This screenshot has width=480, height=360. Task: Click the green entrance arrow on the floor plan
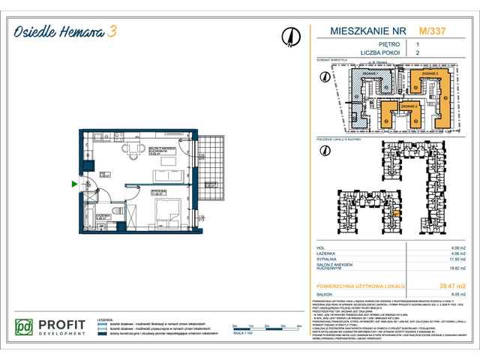[x=73, y=184]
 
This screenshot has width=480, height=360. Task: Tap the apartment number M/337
[x=430, y=31]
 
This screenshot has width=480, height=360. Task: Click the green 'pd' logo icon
[x=25, y=328]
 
